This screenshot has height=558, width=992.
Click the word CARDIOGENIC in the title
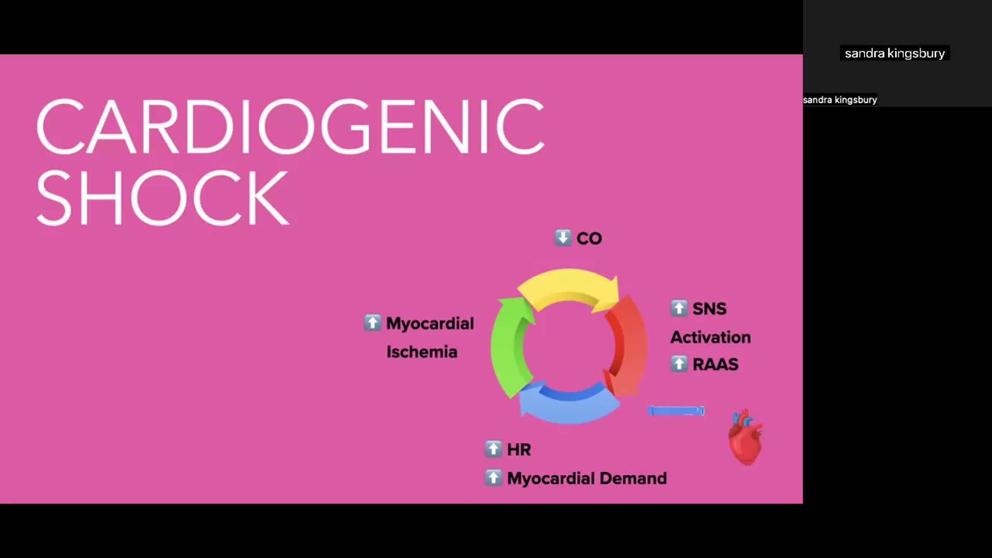point(290,127)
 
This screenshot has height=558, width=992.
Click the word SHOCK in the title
point(162,198)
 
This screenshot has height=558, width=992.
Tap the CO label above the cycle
point(589,239)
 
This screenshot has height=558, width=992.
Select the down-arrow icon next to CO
point(563,238)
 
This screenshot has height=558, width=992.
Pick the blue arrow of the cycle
point(568,406)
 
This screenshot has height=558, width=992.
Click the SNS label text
point(709,309)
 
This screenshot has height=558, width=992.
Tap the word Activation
point(710,337)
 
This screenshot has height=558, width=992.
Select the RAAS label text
point(716,364)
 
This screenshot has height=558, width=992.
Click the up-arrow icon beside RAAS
point(679,364)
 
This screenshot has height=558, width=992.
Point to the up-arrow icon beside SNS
point(679,308)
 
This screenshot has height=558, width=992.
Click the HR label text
point(519,450)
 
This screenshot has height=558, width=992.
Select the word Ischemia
point(422,352)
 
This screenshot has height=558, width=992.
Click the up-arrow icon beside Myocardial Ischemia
point(372,322)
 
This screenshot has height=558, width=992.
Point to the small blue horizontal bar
point(676,411)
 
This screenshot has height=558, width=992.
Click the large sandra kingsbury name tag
point(894,53)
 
